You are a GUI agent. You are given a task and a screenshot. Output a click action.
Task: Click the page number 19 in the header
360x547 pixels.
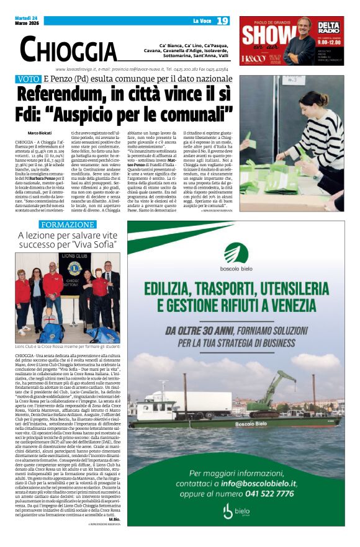[x=222, y=21]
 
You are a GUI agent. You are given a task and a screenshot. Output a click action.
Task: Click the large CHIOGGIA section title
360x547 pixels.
[x=68, y=48]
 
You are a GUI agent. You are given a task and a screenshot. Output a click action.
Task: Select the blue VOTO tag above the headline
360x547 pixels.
[x=29, y=79]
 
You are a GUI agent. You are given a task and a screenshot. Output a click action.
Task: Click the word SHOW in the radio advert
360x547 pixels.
[x=264, y=35]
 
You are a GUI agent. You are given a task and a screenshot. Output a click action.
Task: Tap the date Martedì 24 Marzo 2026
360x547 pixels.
[x=28, y=21]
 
